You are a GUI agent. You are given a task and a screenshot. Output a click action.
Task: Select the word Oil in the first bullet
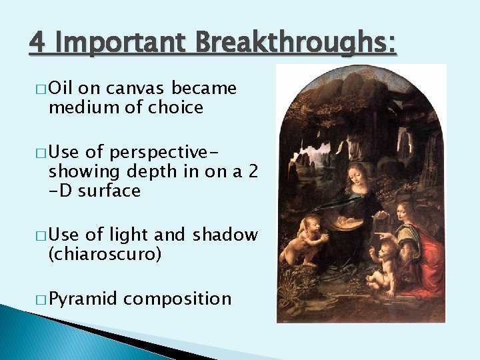click(63, 89)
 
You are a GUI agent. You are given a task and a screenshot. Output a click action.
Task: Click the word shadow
click(225, 235)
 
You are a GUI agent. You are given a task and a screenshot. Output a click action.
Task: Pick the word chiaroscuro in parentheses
click(105, 254)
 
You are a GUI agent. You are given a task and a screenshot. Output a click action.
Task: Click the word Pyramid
click(83, 298)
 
